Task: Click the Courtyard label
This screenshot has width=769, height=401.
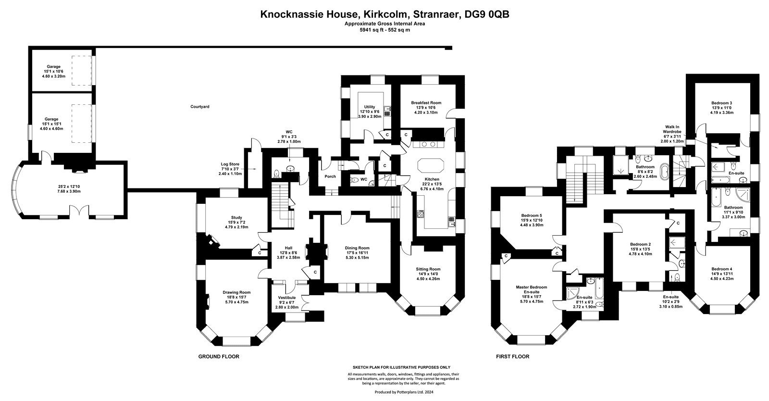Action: click(x=200, y=107)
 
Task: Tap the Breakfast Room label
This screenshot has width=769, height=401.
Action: click(x=426, y=102)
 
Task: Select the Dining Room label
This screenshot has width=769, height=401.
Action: click(x=357, y=248)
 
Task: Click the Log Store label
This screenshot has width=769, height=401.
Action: click(x=230, y=164)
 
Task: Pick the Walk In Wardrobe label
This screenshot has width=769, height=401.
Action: click(x=672, y=129)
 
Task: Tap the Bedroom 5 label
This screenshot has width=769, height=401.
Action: click(x=532, y=215)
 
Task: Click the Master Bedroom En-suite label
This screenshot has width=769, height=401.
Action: click(x=531, y=289)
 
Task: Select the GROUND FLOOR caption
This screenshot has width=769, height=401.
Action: click(x=219, y=356)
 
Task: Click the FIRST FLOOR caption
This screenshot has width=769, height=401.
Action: click(x=512, y=356)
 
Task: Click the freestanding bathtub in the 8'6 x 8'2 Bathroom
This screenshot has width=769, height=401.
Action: click(x=665, y=172)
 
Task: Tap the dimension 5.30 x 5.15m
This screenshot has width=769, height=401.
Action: click(x=357, y=258)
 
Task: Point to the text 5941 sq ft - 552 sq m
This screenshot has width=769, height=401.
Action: click(x=384, y=30)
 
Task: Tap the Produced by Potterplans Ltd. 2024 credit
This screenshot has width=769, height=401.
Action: click(x=404, y=392)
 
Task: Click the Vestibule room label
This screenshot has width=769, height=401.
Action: click(x=286, y=298)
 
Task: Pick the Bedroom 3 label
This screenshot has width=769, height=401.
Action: click(x=721, y=103)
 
